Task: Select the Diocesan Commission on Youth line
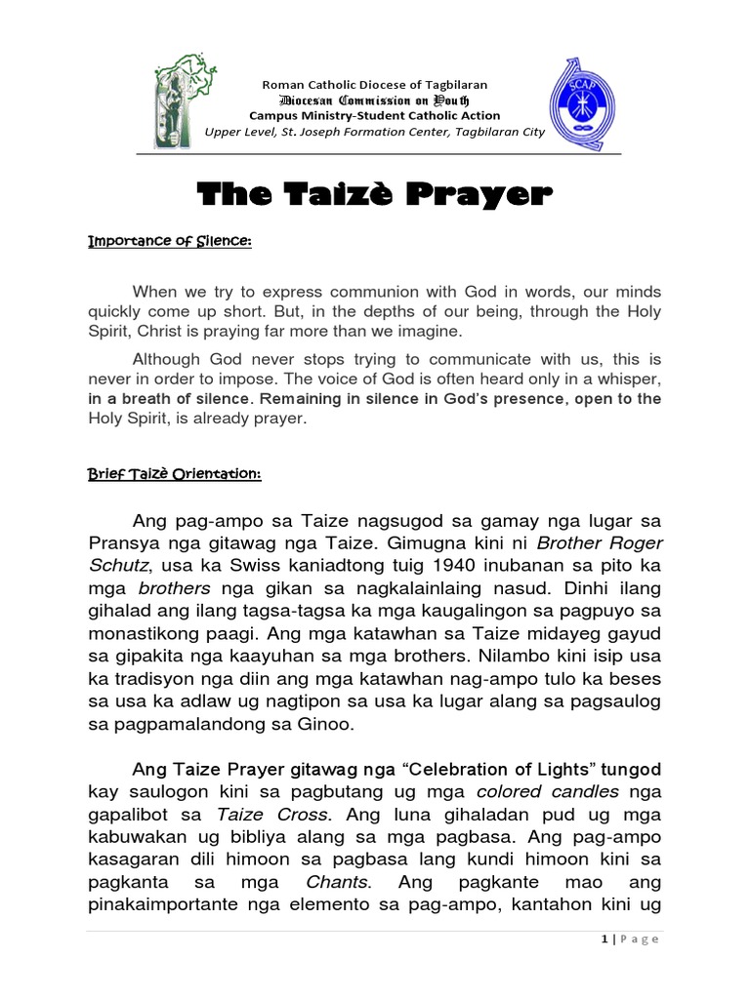374,100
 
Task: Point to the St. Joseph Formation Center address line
375,132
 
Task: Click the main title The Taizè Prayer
374,195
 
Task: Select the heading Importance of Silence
170,242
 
